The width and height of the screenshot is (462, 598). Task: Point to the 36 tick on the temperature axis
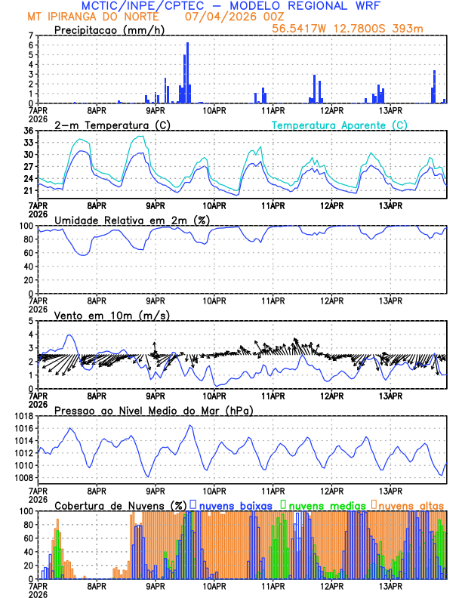point(29,131)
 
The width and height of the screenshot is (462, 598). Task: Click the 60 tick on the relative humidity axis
point(29,253)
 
